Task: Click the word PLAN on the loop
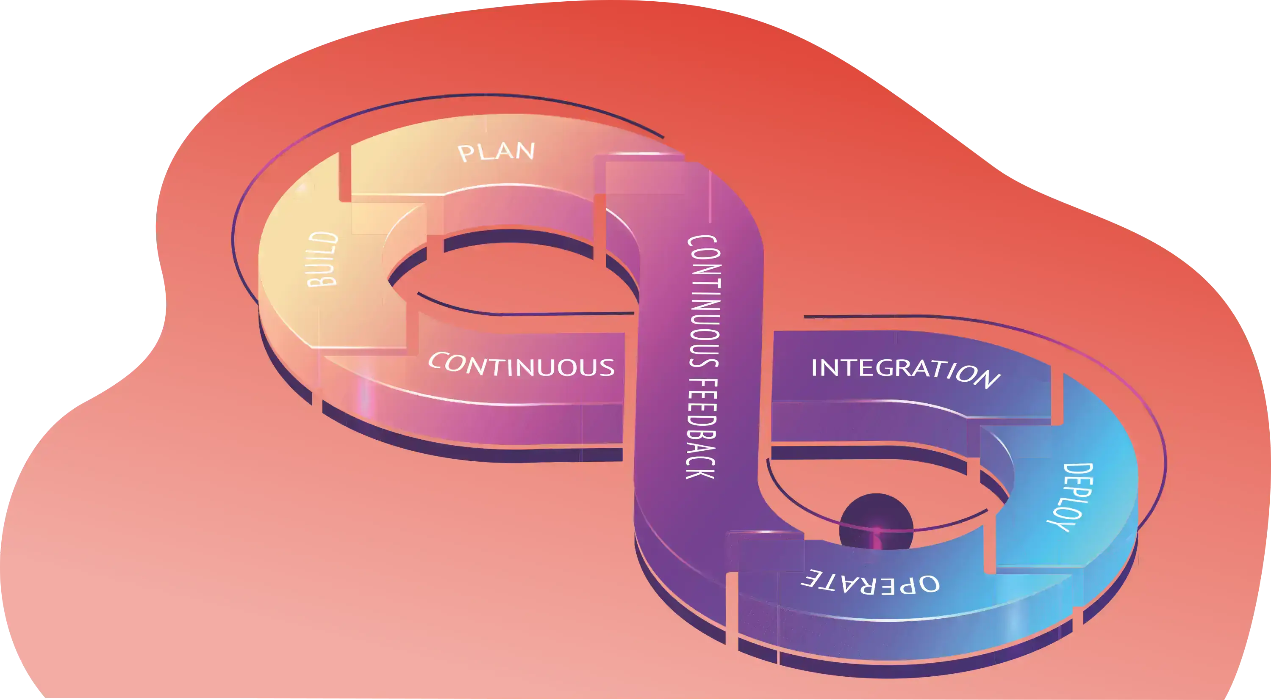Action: coord(497,152)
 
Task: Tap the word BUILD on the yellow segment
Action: coord(323,259)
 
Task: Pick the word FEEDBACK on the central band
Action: coord(701,429)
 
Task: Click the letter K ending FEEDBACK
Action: coord(700,471)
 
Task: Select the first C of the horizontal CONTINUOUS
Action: coord(438,361)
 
